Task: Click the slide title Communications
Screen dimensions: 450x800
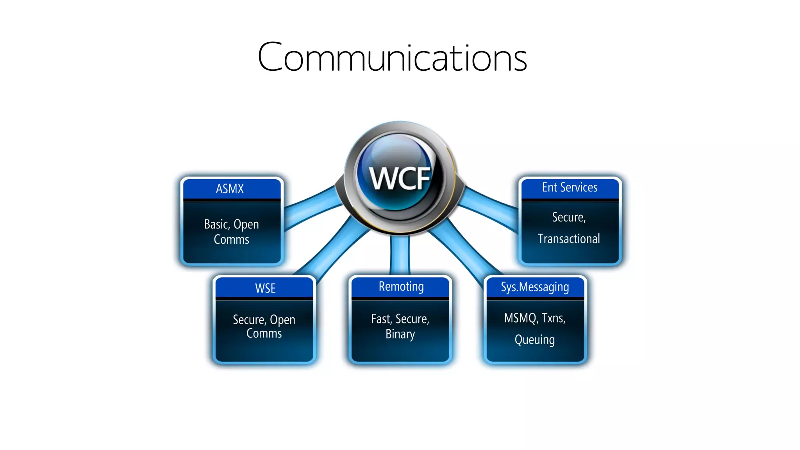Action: point(392,57)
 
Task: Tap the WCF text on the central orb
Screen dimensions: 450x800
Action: point(400,179)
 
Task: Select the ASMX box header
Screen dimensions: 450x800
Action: point(230,189)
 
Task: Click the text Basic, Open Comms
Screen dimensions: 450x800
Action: point(231,232)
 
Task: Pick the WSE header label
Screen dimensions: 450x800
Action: point(265,288)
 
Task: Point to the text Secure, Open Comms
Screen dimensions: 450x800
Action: point(264,326)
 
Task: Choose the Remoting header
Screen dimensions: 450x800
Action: point(401,287)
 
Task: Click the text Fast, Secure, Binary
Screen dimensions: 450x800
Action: point(400,326)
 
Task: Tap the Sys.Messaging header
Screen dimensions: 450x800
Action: point(535,287)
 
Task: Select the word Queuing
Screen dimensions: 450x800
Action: point(534,339)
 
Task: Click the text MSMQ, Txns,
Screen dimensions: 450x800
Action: point(534,318)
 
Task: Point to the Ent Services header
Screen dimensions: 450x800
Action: point(570,187)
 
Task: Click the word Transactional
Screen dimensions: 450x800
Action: point(569,239)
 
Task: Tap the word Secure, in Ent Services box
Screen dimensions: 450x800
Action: point(569,217)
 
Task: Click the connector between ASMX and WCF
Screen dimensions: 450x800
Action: point(311,207)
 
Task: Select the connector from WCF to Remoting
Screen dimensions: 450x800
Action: point(400,254)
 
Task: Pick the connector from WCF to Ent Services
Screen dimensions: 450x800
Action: point(490,206)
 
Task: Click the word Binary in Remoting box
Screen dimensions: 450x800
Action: point(400,334)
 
